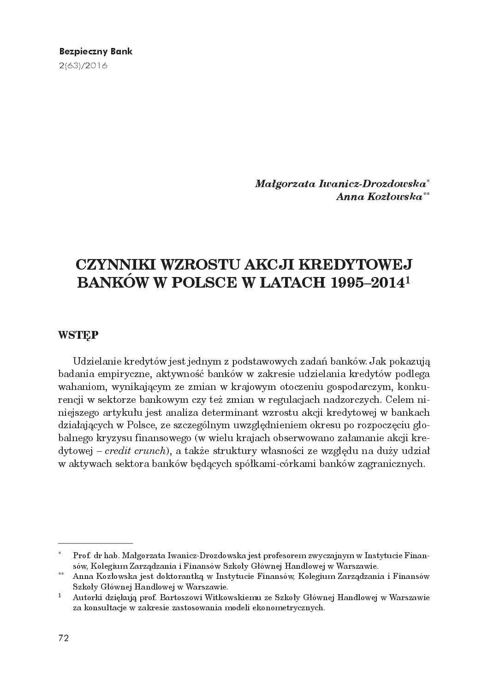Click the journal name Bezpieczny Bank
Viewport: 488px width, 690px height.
96,51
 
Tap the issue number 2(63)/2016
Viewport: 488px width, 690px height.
83,65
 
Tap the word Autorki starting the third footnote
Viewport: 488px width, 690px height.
87,597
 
